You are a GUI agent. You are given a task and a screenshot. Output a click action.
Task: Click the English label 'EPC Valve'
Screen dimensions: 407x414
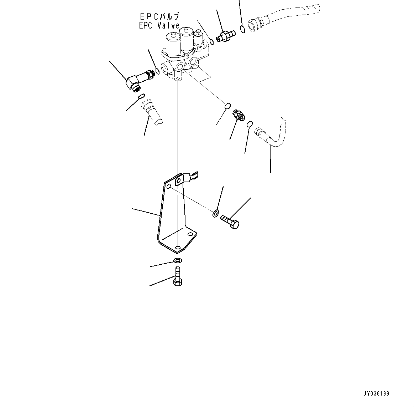[x=159, y=26]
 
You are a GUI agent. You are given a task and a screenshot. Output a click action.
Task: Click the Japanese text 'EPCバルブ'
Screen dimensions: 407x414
[x=159, y=16]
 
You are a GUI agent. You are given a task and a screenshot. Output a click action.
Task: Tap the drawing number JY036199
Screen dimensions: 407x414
[x=376, y=394]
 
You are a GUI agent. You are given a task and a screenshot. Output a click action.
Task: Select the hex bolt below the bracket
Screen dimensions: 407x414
[x=178, y=276]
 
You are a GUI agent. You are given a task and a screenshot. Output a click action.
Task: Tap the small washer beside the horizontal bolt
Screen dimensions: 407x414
[x=216, y=214]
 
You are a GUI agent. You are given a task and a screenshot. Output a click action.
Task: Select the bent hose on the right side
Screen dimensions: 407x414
[x=272, y=137]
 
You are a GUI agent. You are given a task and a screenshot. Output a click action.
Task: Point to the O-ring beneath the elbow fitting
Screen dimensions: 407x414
[x=141, y=96]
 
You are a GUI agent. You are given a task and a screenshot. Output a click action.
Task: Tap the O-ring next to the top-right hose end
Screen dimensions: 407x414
[x=243, y=29]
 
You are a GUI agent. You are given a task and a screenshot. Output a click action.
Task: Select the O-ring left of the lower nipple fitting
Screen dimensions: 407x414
[x=227, y=106]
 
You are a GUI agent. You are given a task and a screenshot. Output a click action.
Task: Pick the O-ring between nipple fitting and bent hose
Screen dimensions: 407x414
[x=250, y=124]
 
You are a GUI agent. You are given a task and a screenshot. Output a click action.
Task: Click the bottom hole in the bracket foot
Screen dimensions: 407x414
[x=178, y=246]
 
